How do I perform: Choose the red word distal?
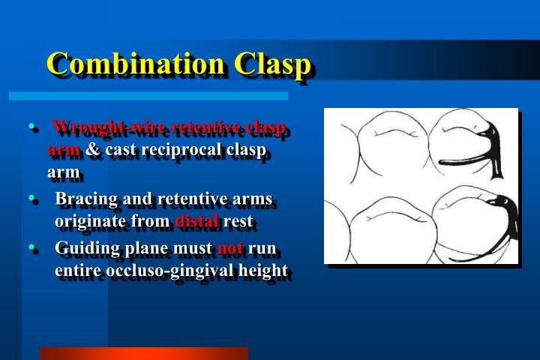[196, 222]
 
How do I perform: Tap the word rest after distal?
[239, 222]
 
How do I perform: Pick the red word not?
[229, 247]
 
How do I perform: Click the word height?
[262, 270]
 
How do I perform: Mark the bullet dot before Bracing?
[32, 199]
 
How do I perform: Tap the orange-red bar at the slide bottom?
[143, 353]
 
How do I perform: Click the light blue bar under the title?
[148, 96]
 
